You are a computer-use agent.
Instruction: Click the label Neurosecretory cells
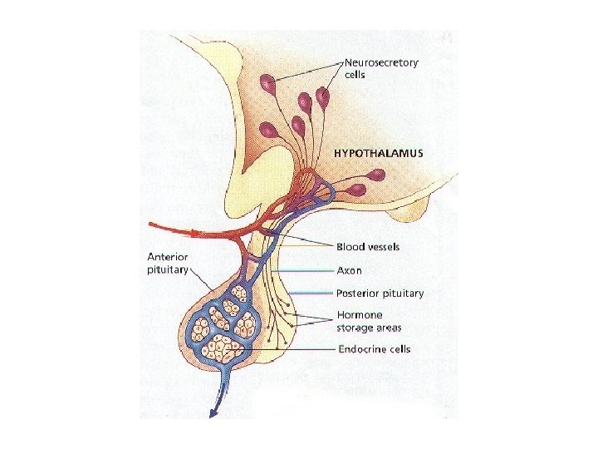click(x=381, y=68)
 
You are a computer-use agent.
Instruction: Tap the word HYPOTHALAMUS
click(x=378, y=153)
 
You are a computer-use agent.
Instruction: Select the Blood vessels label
click(x=368, y=247)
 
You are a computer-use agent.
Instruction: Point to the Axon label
click(x=349, y=270)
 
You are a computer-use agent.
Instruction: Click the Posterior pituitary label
click(x=380, y=293)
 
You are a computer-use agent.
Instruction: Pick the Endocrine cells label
click(x=374, y=349)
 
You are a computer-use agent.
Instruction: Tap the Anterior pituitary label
click(x=168, y=262)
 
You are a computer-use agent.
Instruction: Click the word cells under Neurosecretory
click(x=356, y=75)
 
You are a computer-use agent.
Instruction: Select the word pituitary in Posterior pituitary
click(x=403, y=294)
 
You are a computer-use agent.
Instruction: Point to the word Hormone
click(x=359, y=315)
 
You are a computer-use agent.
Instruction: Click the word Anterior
click(x=169, y=256)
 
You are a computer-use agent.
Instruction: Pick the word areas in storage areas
click(x=390, y=327)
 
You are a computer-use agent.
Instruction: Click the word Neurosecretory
click(x=381, y=62)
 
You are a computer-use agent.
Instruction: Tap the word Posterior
click(x=358, y=293)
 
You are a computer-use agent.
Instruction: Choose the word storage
click(x=355, y=327)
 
